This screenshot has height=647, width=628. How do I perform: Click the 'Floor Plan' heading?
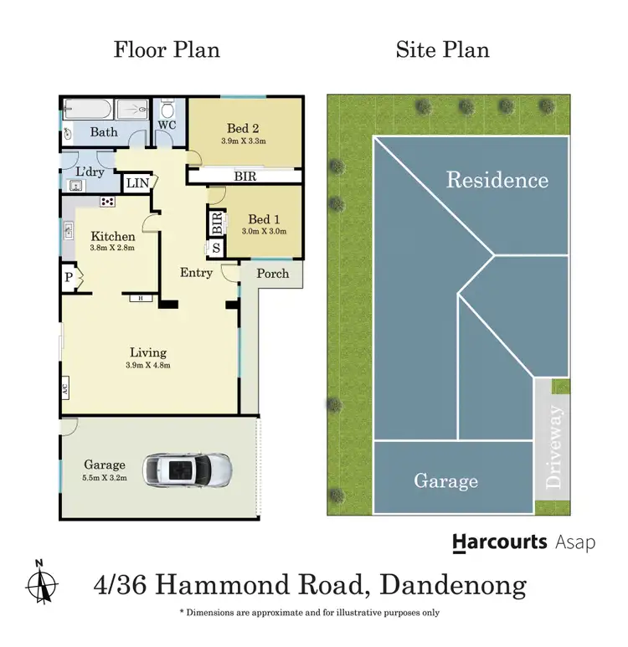(167, 49)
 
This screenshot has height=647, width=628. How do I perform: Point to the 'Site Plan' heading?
(442, 49)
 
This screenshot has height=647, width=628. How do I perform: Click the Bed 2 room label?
(243, 128)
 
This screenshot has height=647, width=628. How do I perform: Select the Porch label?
(272, 273)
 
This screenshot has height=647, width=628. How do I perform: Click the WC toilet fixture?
(166, 111)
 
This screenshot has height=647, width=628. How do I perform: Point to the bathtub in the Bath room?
(87, 110)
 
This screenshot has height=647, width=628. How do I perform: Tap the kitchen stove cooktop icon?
(107, 201)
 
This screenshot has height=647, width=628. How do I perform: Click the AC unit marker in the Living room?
(64, 388)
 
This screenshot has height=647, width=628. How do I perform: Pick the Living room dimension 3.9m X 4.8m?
(148, 365)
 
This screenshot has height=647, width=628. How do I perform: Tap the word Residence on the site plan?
(497, 180)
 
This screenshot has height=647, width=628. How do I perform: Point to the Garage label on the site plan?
(445, 480)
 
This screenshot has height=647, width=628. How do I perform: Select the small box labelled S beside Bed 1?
(216, 248)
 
